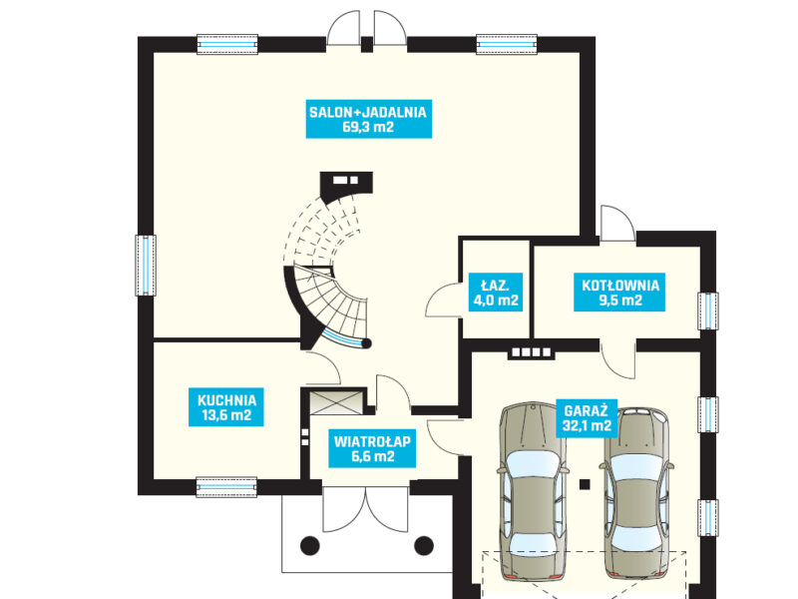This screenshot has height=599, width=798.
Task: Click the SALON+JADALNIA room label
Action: click(x=368, y=119)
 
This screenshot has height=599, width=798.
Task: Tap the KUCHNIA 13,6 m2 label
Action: click(x=226, y=407)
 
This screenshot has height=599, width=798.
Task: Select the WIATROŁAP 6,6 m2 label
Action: click(x=372, y=448)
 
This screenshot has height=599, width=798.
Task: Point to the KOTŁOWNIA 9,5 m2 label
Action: click(x=619, y=292)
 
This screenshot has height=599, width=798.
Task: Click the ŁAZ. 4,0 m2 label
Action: click(x=495, y=292)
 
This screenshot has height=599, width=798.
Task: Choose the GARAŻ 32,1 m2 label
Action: click(x=587, y=417)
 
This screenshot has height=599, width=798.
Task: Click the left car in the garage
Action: click(x=533, y=491)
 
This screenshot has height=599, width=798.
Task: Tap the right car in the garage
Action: click(x=636, y=493)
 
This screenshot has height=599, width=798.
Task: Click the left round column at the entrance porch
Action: click(x=309, y=545)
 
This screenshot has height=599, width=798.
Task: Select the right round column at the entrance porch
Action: click(x=423, y=545)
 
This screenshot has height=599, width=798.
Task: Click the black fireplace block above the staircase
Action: click(x=346, y=185)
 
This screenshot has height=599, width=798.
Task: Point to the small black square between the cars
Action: click(x=585, y=484)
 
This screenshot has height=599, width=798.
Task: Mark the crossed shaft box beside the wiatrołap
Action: click(x=337, y=402)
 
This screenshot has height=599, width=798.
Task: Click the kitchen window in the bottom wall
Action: click(x=226, y=487)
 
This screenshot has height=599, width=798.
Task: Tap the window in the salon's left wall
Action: click(x=146, y=265)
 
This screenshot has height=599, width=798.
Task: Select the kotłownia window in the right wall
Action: click(x=708, y=310)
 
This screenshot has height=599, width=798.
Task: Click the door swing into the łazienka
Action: click(x=444, y=300)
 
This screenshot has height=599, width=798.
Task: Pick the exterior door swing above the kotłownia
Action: click(x=617, y=223)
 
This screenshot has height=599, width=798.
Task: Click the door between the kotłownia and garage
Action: click(x=617, y=360)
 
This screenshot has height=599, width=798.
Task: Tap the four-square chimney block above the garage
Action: click(x=532, y=352)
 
